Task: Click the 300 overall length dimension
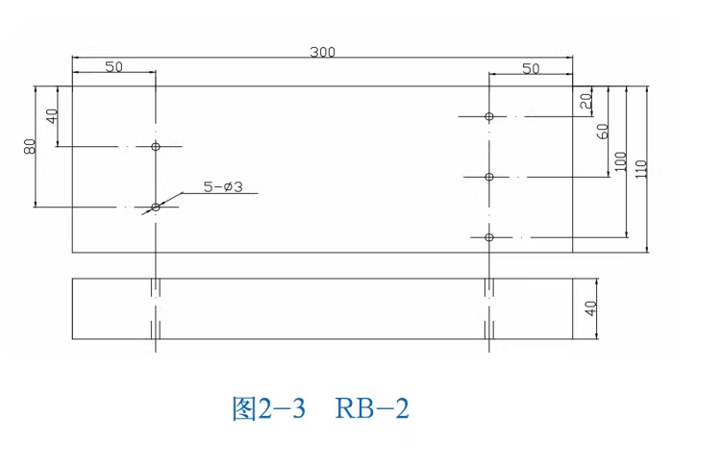coord(322,52)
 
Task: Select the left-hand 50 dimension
coord(113,66)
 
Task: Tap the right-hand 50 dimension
coord(531,67)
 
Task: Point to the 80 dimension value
coord(30,147)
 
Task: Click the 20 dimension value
coord(585,98)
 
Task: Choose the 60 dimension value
coord(603,132)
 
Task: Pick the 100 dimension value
coord(620,161)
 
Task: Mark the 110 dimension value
coord(640,169)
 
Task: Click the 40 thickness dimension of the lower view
coord(591,308)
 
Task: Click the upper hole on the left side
coord(155,146)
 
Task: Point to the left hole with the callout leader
coord(155,207)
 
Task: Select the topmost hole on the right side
coord(489,116)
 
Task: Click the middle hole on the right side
coord(489,177)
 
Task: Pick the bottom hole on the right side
coord(489,236)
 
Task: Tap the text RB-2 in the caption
coord(373,409)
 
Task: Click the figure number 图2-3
coord(269,409)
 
